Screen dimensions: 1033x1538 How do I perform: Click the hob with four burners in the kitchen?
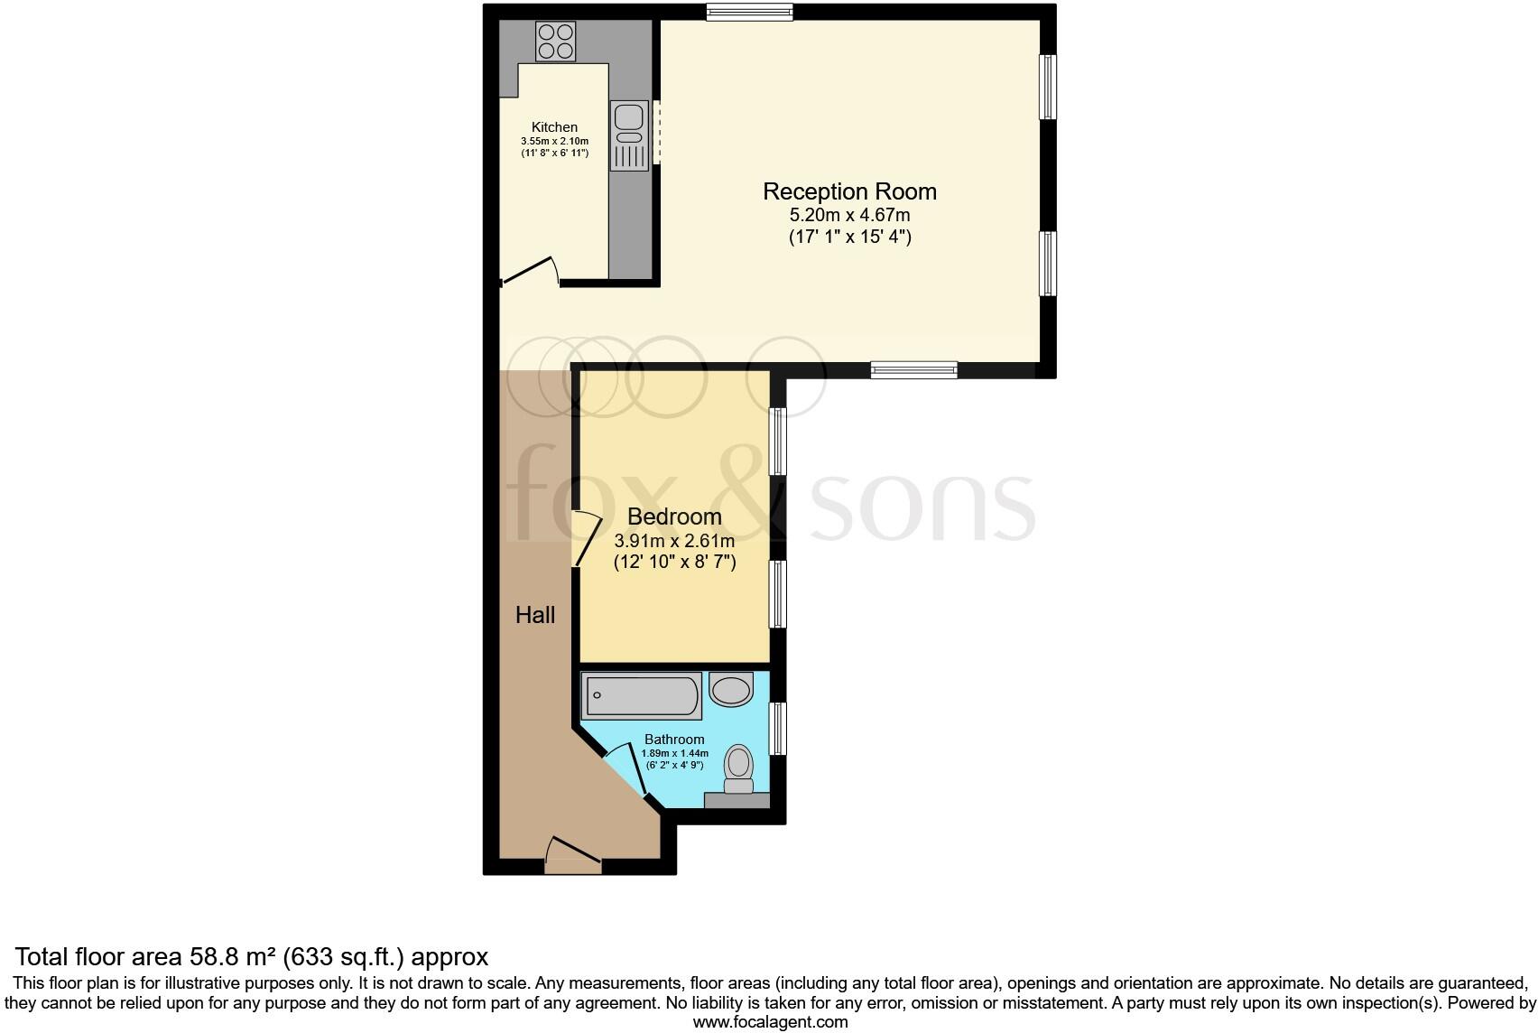click(x=555, y=42)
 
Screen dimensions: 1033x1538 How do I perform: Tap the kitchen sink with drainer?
click(x=629, y=135)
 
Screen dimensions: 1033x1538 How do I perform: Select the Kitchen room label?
click(x=554, y=127)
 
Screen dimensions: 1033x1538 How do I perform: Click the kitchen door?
click(x=530, y=270)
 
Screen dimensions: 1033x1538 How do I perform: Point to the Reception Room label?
click(x=849, y=191)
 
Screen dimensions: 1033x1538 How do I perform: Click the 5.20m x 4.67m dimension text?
click(x=849, y=215)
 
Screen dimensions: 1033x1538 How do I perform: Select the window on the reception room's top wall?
click(x=749, y=12)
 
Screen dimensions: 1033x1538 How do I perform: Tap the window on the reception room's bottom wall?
click(x=913, y=368)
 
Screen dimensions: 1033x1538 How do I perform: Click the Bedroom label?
click(x=674, y=516)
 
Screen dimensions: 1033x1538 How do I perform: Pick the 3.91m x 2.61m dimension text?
click(x=674, y=541)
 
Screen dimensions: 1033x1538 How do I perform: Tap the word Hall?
click(x=534, y=615)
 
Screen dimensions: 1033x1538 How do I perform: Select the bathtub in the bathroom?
click(x=642, y=696)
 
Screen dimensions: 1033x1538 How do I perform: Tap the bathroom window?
click(x=777, y=729)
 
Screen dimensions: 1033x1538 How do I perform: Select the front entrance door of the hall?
click(x=573, y=855)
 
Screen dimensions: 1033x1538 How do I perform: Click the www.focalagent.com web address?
click(x=770, y=1022)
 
